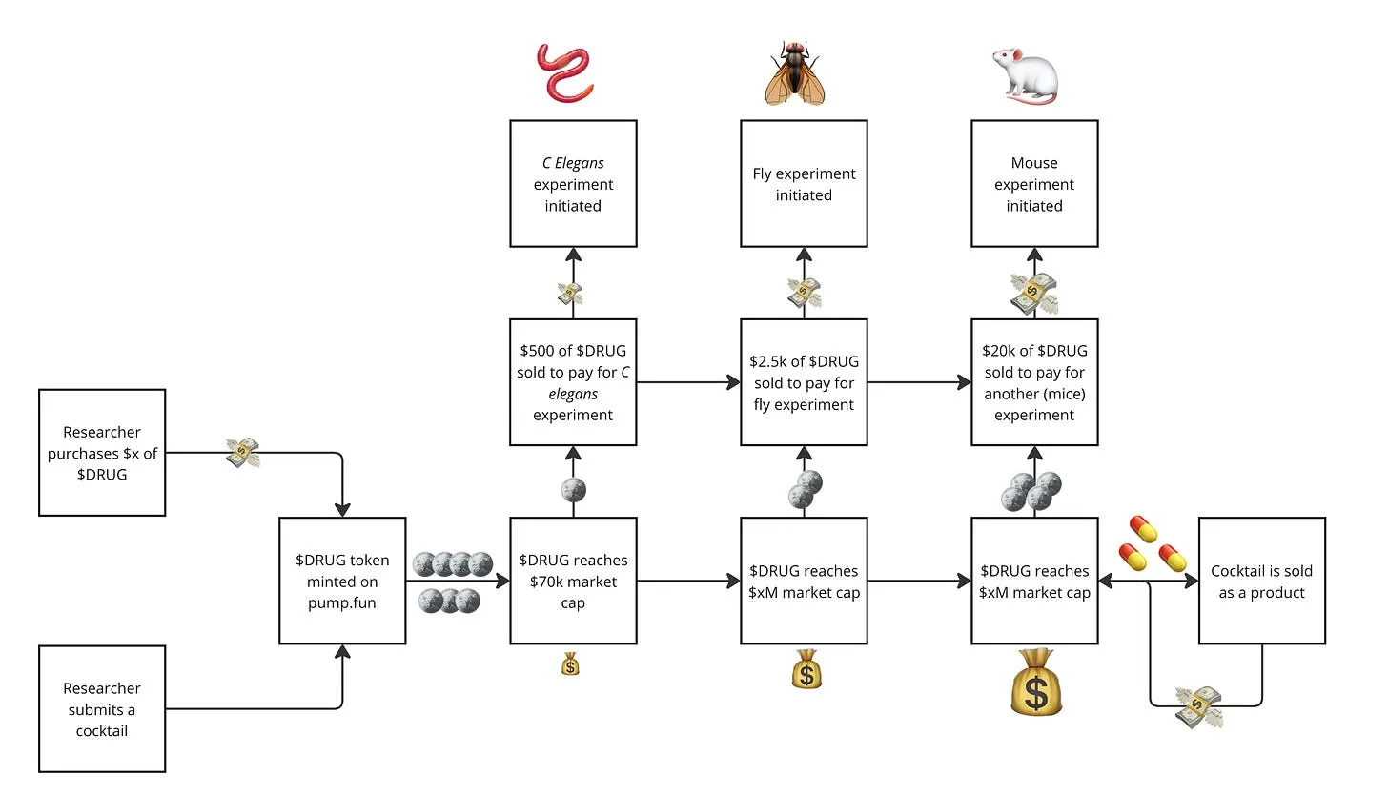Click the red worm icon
tap(568, 72)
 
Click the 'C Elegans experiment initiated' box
tap(573, 184)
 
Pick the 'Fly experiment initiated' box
tap(804, 184)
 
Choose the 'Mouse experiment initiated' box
tap(1034, 184)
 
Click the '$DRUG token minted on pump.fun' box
tap(342, 581)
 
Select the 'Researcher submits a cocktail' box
tap(102, 708)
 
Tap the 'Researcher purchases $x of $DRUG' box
tap(102, 452)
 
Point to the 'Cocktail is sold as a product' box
tap(1261, 581)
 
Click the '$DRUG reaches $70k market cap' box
tap(573, 581)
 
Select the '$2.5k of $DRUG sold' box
tap(804, 382)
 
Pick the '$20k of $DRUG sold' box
tap(1034, 382)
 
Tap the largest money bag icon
tap(1035, 682)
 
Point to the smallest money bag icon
tap(570, 663)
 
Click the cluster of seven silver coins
tap(453, 582)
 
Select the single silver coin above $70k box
tap(573, 491)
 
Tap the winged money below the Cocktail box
tap(1198, 705)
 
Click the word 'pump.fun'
tap(342, 602)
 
